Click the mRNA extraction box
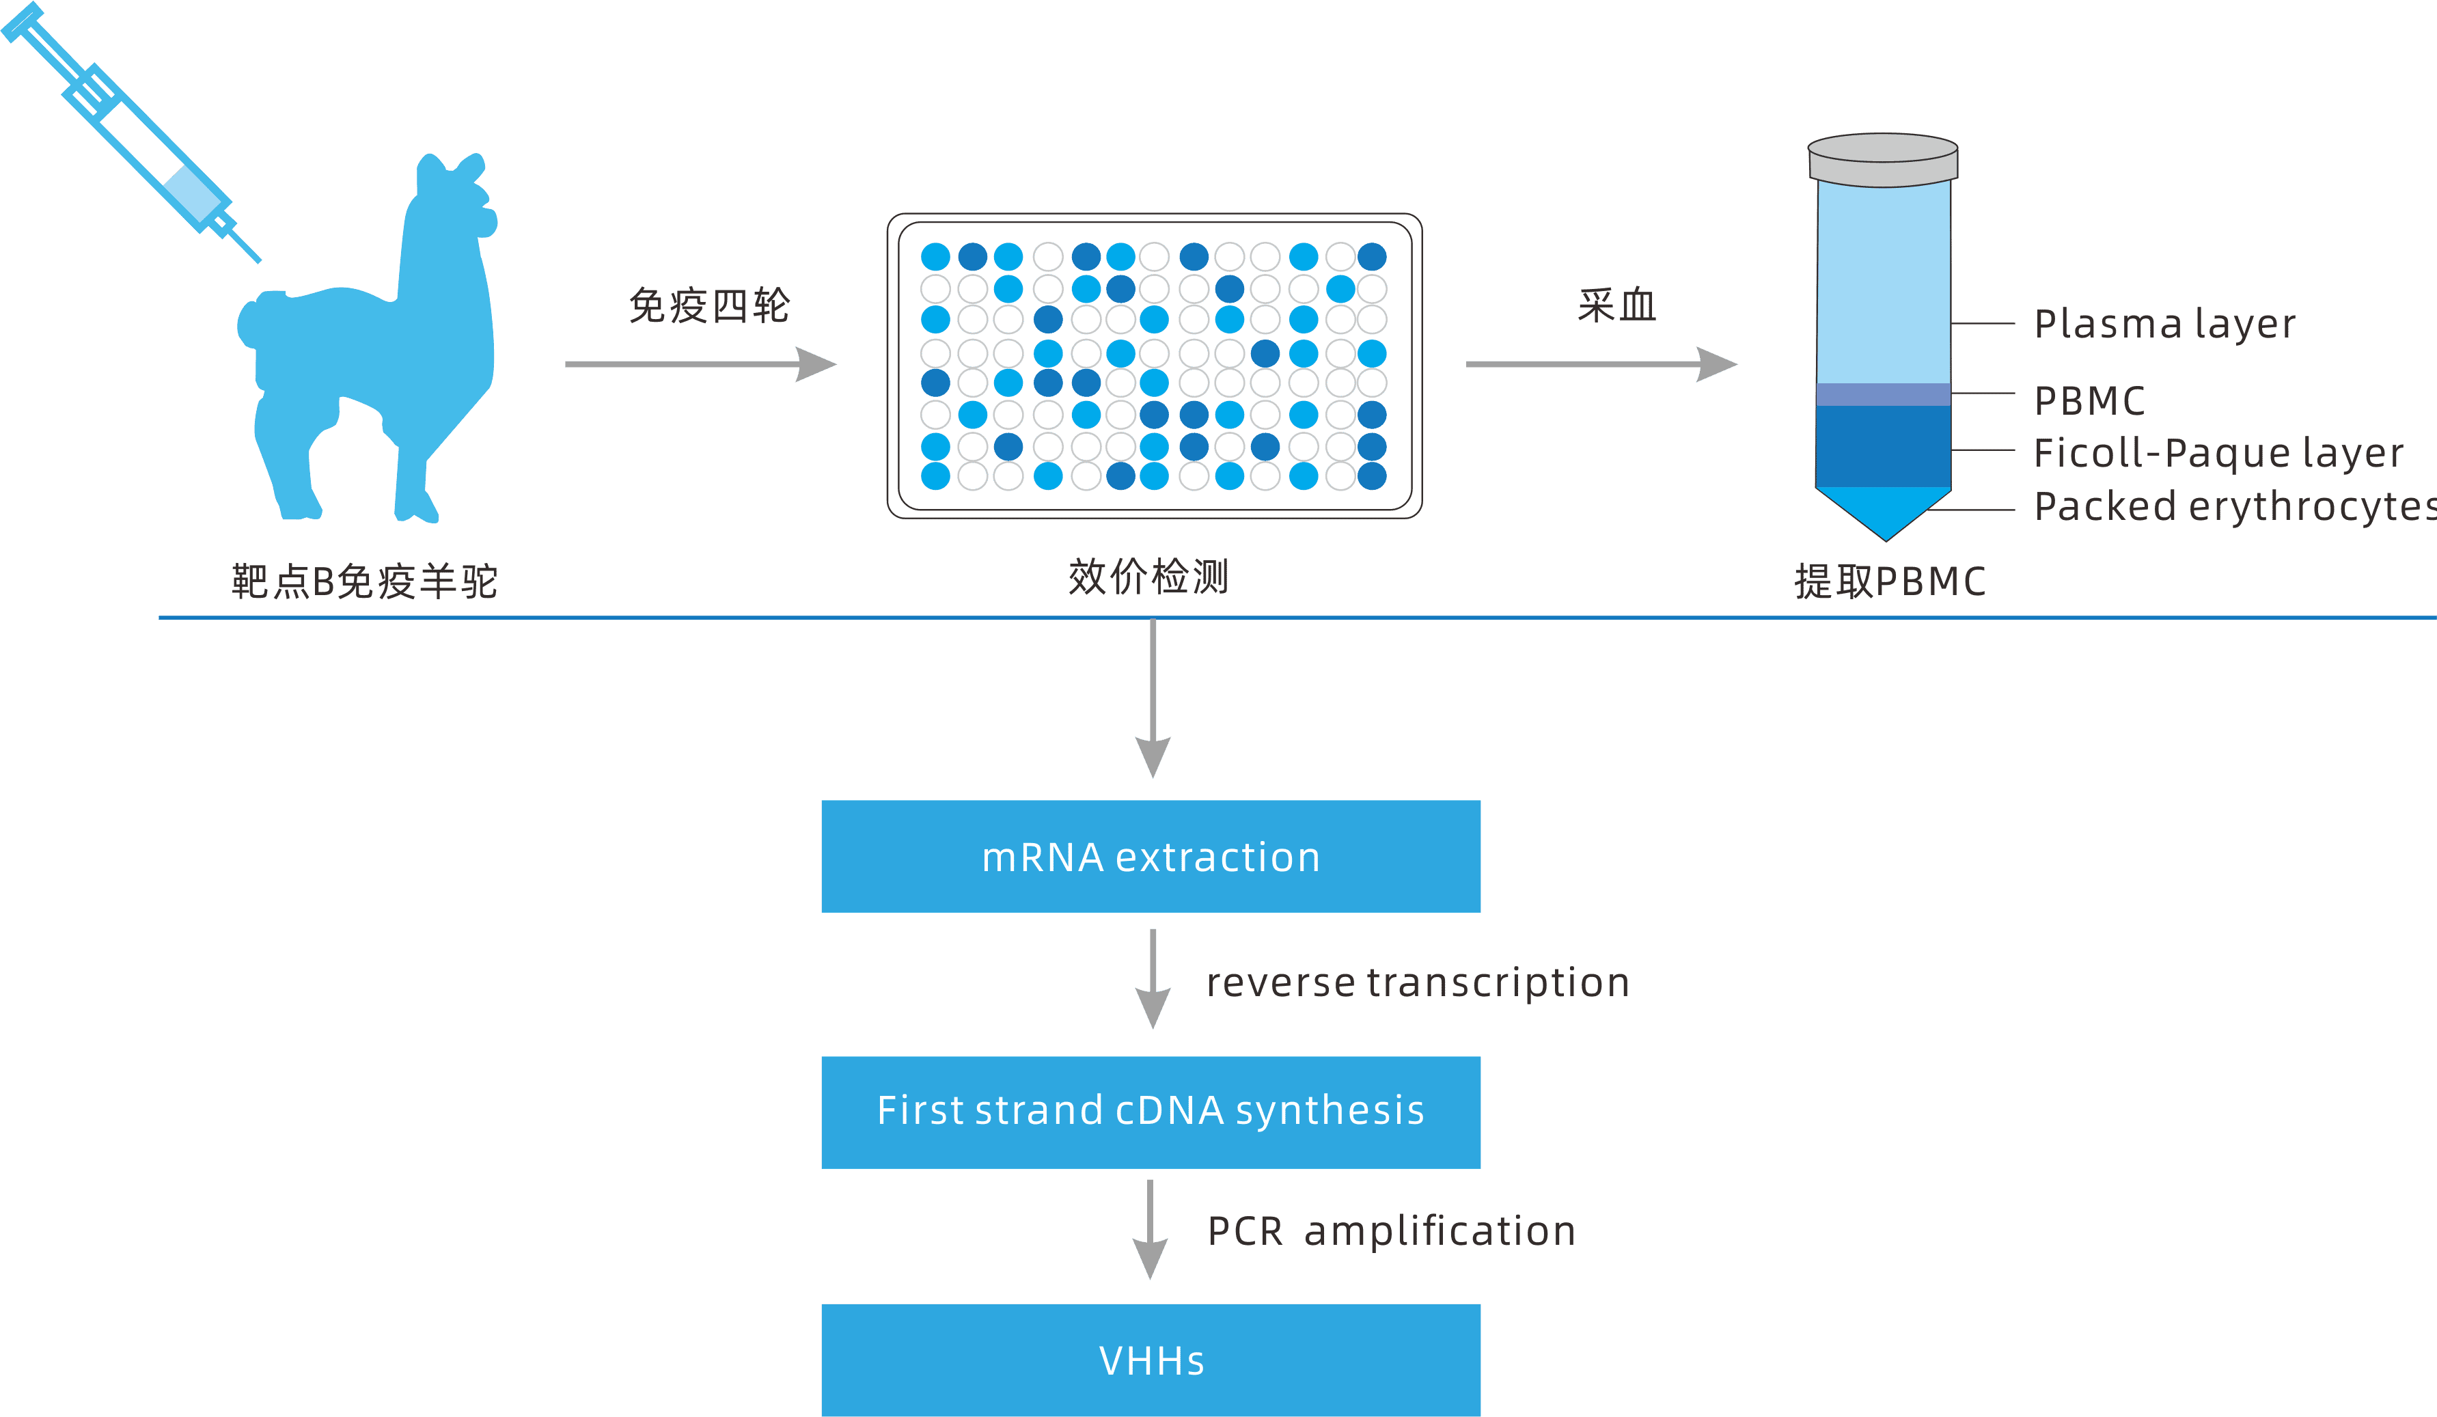tap(1151, 856)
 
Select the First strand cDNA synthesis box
tap(1151, 1112)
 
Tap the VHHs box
tap(1151, 1360)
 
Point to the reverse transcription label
tap(1418, 982)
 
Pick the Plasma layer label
tap(2164, 324)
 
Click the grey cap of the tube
tap(1883, 161)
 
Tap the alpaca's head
tap(454, 198)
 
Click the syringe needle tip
tap(258, 259)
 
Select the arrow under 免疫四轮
tap(700, 365)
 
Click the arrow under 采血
tap(1601, 365)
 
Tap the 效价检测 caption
tap(1148, 577)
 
